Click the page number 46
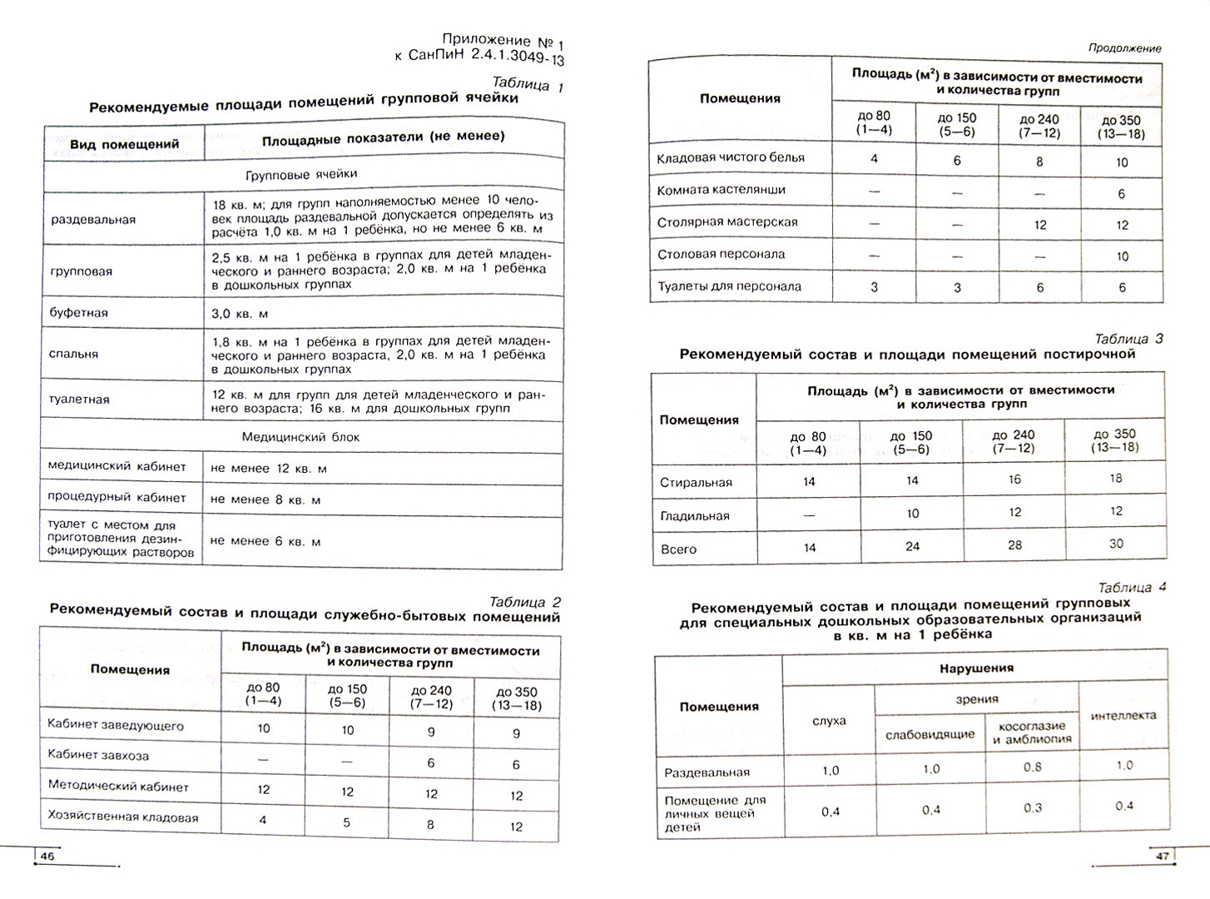pos(47,857)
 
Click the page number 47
pos(1163,856)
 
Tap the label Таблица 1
pos(528,84)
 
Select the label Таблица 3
pos(1128,339)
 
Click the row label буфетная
pos(79,313)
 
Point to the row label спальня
pos(74,354)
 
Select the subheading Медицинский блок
pos(300,437)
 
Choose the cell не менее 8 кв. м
pos(265,499)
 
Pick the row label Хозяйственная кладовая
pos(123,817)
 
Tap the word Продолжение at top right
pos(1124,48)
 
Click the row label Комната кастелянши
pos(721,190)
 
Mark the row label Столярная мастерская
pos(727,222)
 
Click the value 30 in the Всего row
pos(1116,544)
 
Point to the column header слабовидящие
pos(930,735)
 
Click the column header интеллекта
pos(1123,715)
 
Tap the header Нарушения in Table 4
pos(976,668)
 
